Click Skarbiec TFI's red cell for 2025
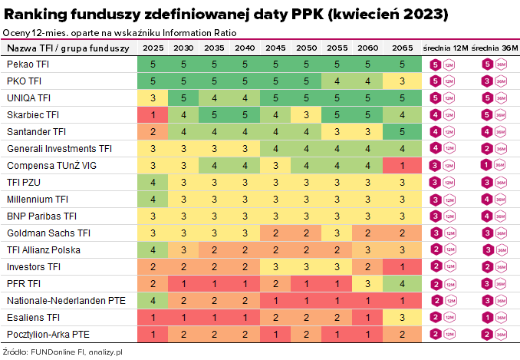pos(153,115)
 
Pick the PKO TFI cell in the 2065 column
pos(401,81)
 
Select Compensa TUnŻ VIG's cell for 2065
pos(401,166)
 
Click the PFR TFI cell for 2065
pos(401,284)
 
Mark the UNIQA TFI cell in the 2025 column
pos(153,98)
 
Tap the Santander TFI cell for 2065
pos(401,132)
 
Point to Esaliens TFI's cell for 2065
pos(401,318)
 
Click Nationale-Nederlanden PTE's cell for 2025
pos(153,301)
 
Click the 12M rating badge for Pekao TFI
pos(436,64)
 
